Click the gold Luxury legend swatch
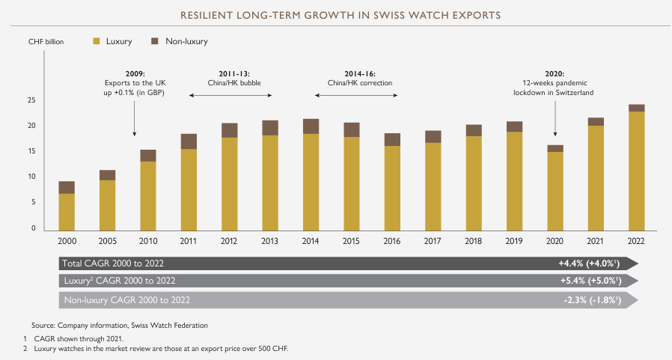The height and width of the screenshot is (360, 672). click(x=96, y=41)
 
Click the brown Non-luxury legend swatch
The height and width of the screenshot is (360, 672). click(x=155, y=41)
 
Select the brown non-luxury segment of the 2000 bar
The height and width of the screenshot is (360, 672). click(x=67, y=187)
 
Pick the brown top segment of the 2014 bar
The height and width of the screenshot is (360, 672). click(x=310, y=126)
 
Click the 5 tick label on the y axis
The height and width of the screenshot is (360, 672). click(x=33, y=202)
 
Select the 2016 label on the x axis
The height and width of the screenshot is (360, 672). click(x=391, y=242)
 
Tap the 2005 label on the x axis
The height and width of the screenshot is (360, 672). click(x=107, y=242)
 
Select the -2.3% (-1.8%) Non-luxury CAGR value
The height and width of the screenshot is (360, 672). click(x=596, y=300)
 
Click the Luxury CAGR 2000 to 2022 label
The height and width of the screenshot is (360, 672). click(x=120, y=281)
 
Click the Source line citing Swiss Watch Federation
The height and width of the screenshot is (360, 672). click(x=120, y=325)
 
